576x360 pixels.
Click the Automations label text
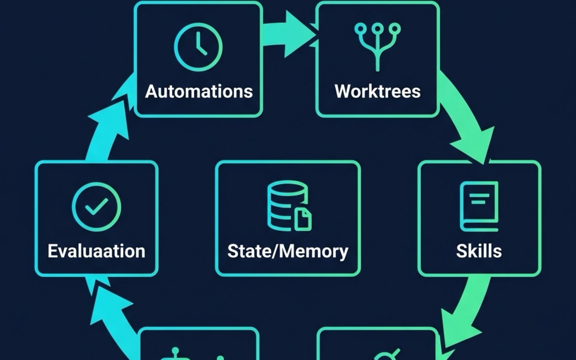click(x=199, y=92)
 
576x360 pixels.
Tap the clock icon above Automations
click(x=198, y=47)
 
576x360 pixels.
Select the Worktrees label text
click(x=378, y=92)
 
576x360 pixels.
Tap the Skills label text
click(x=479, y=251)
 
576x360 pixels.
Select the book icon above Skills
click(x=479, y=206)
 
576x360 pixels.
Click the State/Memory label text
click(x=288, y=251)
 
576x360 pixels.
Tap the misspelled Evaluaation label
click(x=96, y=251)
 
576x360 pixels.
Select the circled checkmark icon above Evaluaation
click(x=96, y=207)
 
